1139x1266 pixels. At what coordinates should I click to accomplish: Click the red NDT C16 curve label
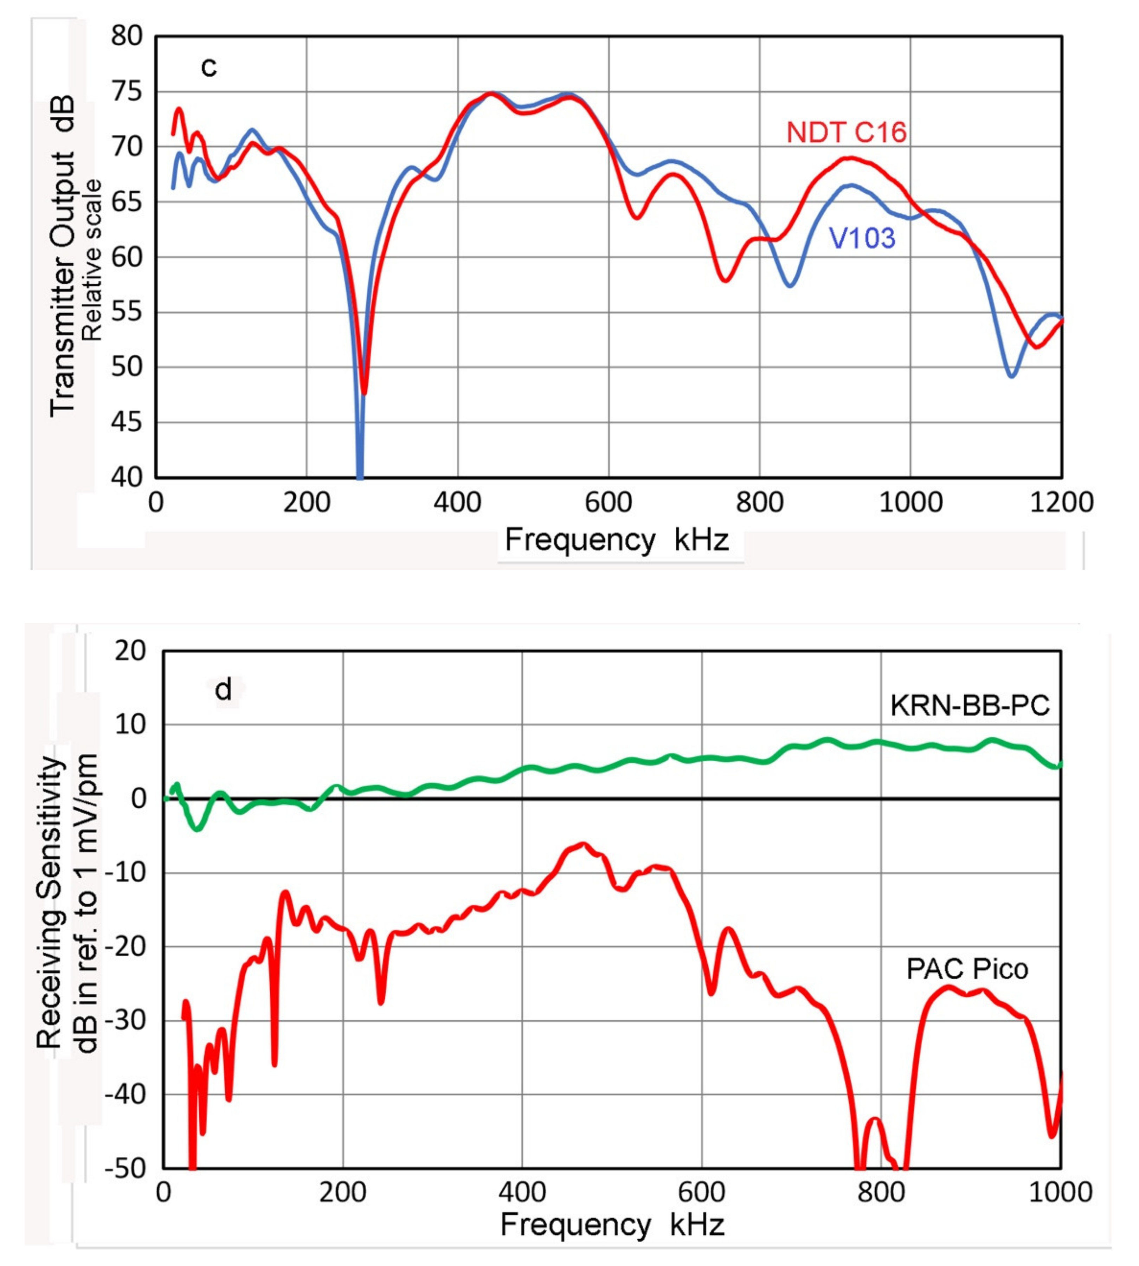(846, 133)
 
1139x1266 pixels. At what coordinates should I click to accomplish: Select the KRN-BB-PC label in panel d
(970, 706)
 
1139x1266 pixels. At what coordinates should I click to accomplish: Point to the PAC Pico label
(967, 969)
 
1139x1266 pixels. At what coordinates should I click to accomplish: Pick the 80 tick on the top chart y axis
(127, 36)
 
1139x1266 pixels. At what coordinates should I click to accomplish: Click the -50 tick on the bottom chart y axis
(125, 1169)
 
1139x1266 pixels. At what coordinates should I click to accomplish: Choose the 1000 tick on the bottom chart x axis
(1061, 1192)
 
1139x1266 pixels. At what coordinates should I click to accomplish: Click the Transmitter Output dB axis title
(63, 257)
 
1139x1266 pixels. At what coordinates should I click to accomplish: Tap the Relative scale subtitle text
(92, 260)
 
